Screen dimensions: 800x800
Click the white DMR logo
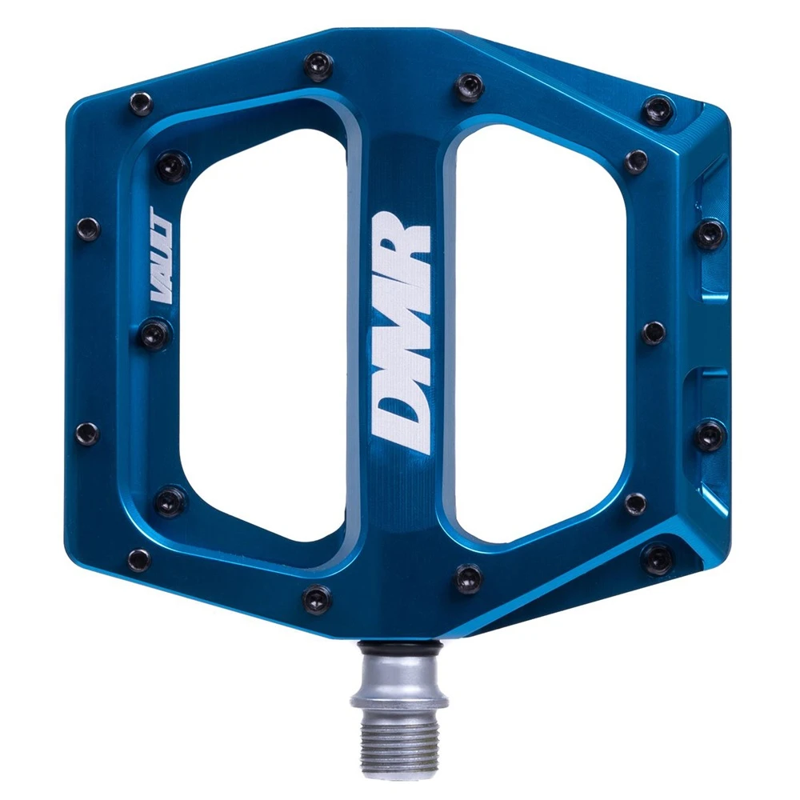coord(402,336)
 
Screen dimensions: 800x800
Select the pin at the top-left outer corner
coord(141,103)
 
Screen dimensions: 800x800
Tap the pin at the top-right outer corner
coord(658,109)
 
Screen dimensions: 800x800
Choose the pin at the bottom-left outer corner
coord(138,559)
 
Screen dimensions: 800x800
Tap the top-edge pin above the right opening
coord(469,86)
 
